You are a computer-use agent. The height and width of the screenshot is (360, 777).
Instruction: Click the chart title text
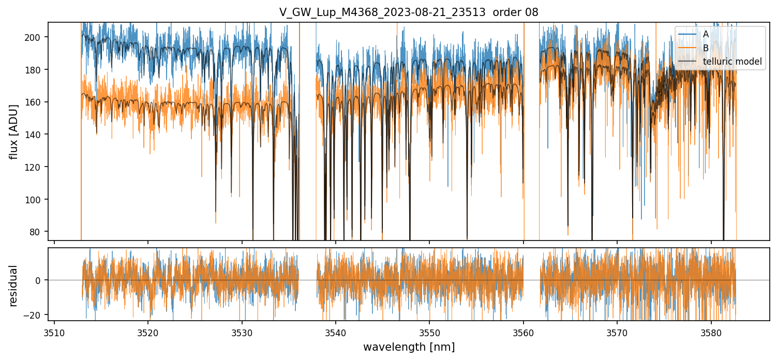[x=409, y=12]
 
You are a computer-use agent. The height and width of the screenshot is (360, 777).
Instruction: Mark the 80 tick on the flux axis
[x=38, y=232]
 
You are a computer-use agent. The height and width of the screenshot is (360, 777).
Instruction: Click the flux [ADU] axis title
[x=14, y=131]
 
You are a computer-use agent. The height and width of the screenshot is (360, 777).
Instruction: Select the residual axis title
[x=14, y=286]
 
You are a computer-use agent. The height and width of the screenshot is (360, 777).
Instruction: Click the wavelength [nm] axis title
[x=409, y=347]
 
